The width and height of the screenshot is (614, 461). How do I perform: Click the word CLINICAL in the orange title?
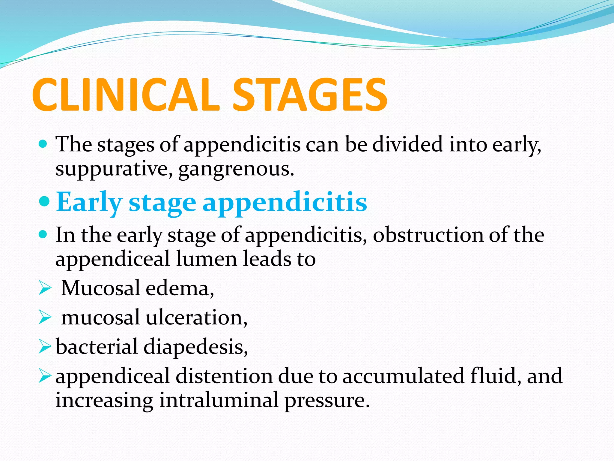[126, 95]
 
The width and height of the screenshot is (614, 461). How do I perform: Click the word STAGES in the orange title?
[309, 95]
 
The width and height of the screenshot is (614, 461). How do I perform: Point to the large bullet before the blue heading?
[44, 202]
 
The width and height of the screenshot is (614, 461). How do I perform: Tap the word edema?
[180, 288]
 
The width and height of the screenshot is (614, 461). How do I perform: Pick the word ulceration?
[196, 318]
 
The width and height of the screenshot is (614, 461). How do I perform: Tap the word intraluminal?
[219, 400]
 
